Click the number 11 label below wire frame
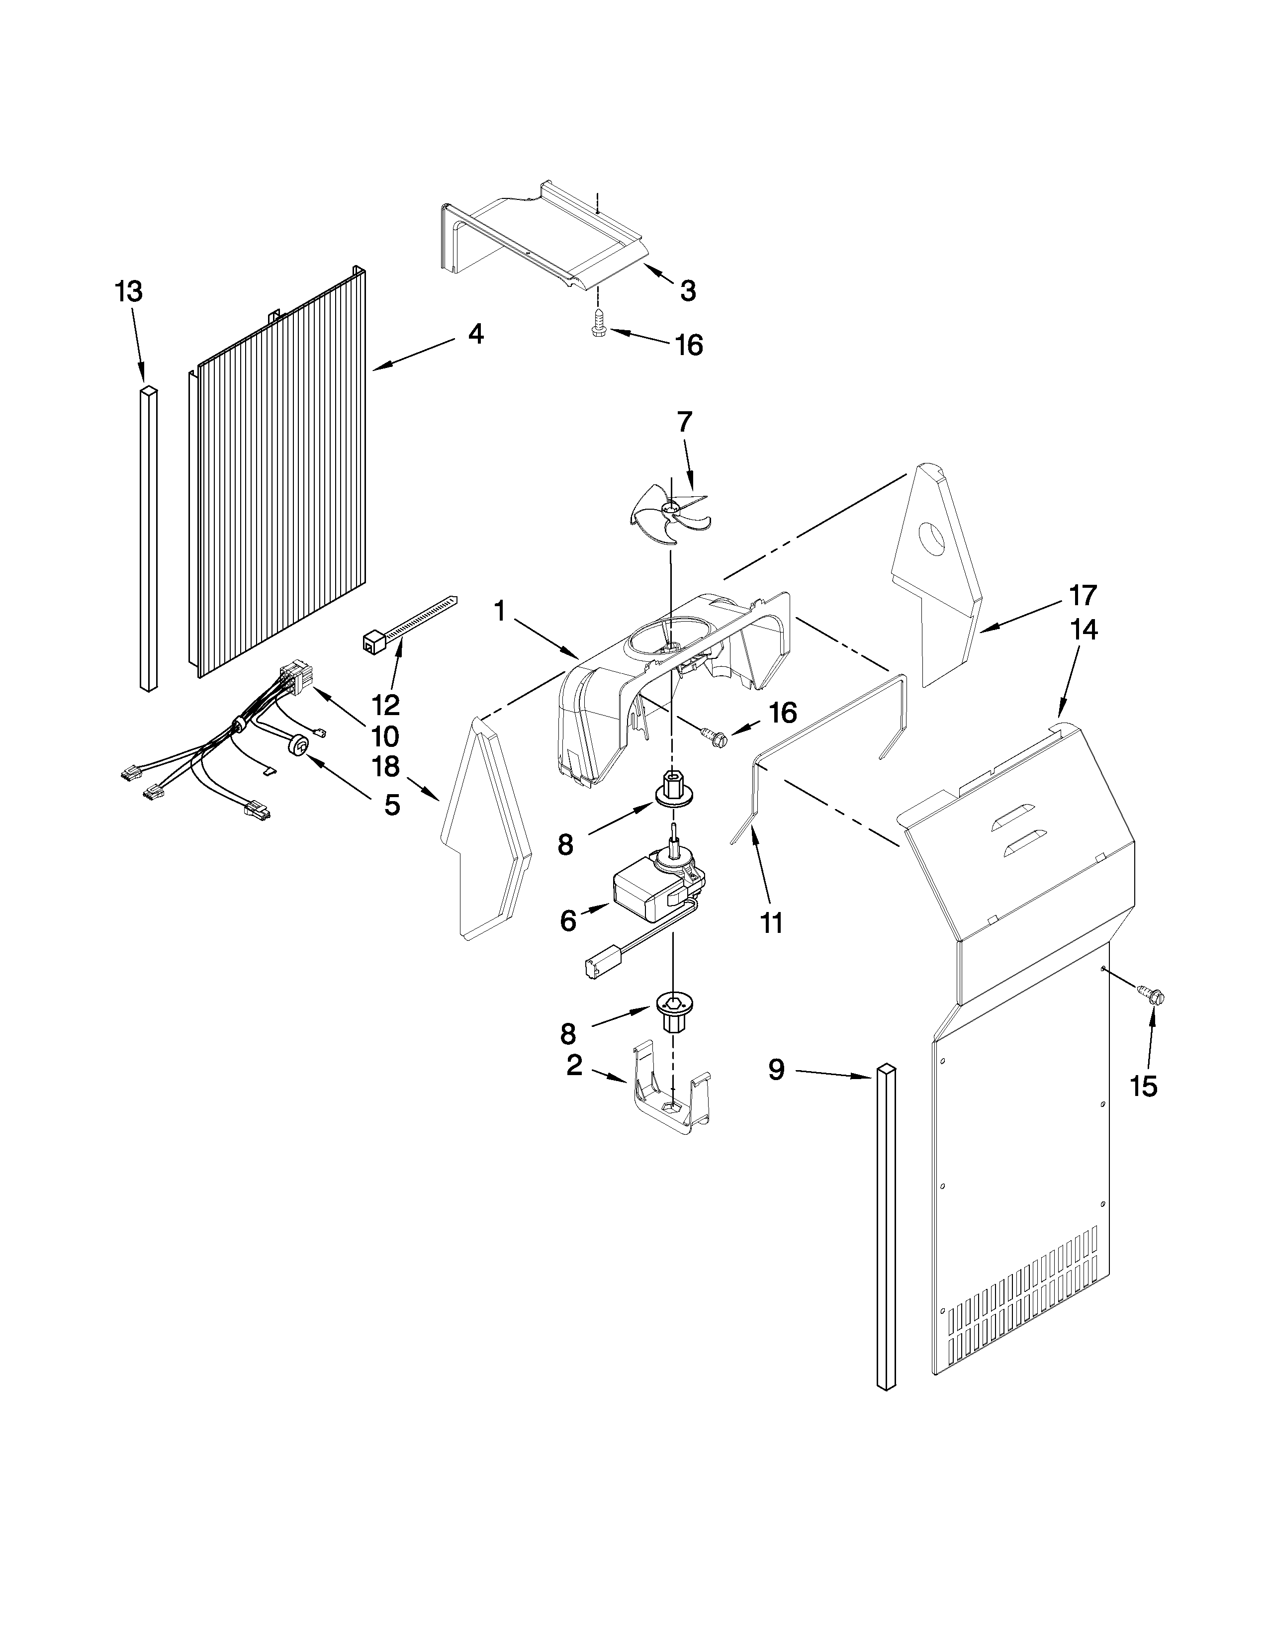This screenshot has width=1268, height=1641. [x=771, y=922]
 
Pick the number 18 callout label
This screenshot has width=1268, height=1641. [x=385, y=766]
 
